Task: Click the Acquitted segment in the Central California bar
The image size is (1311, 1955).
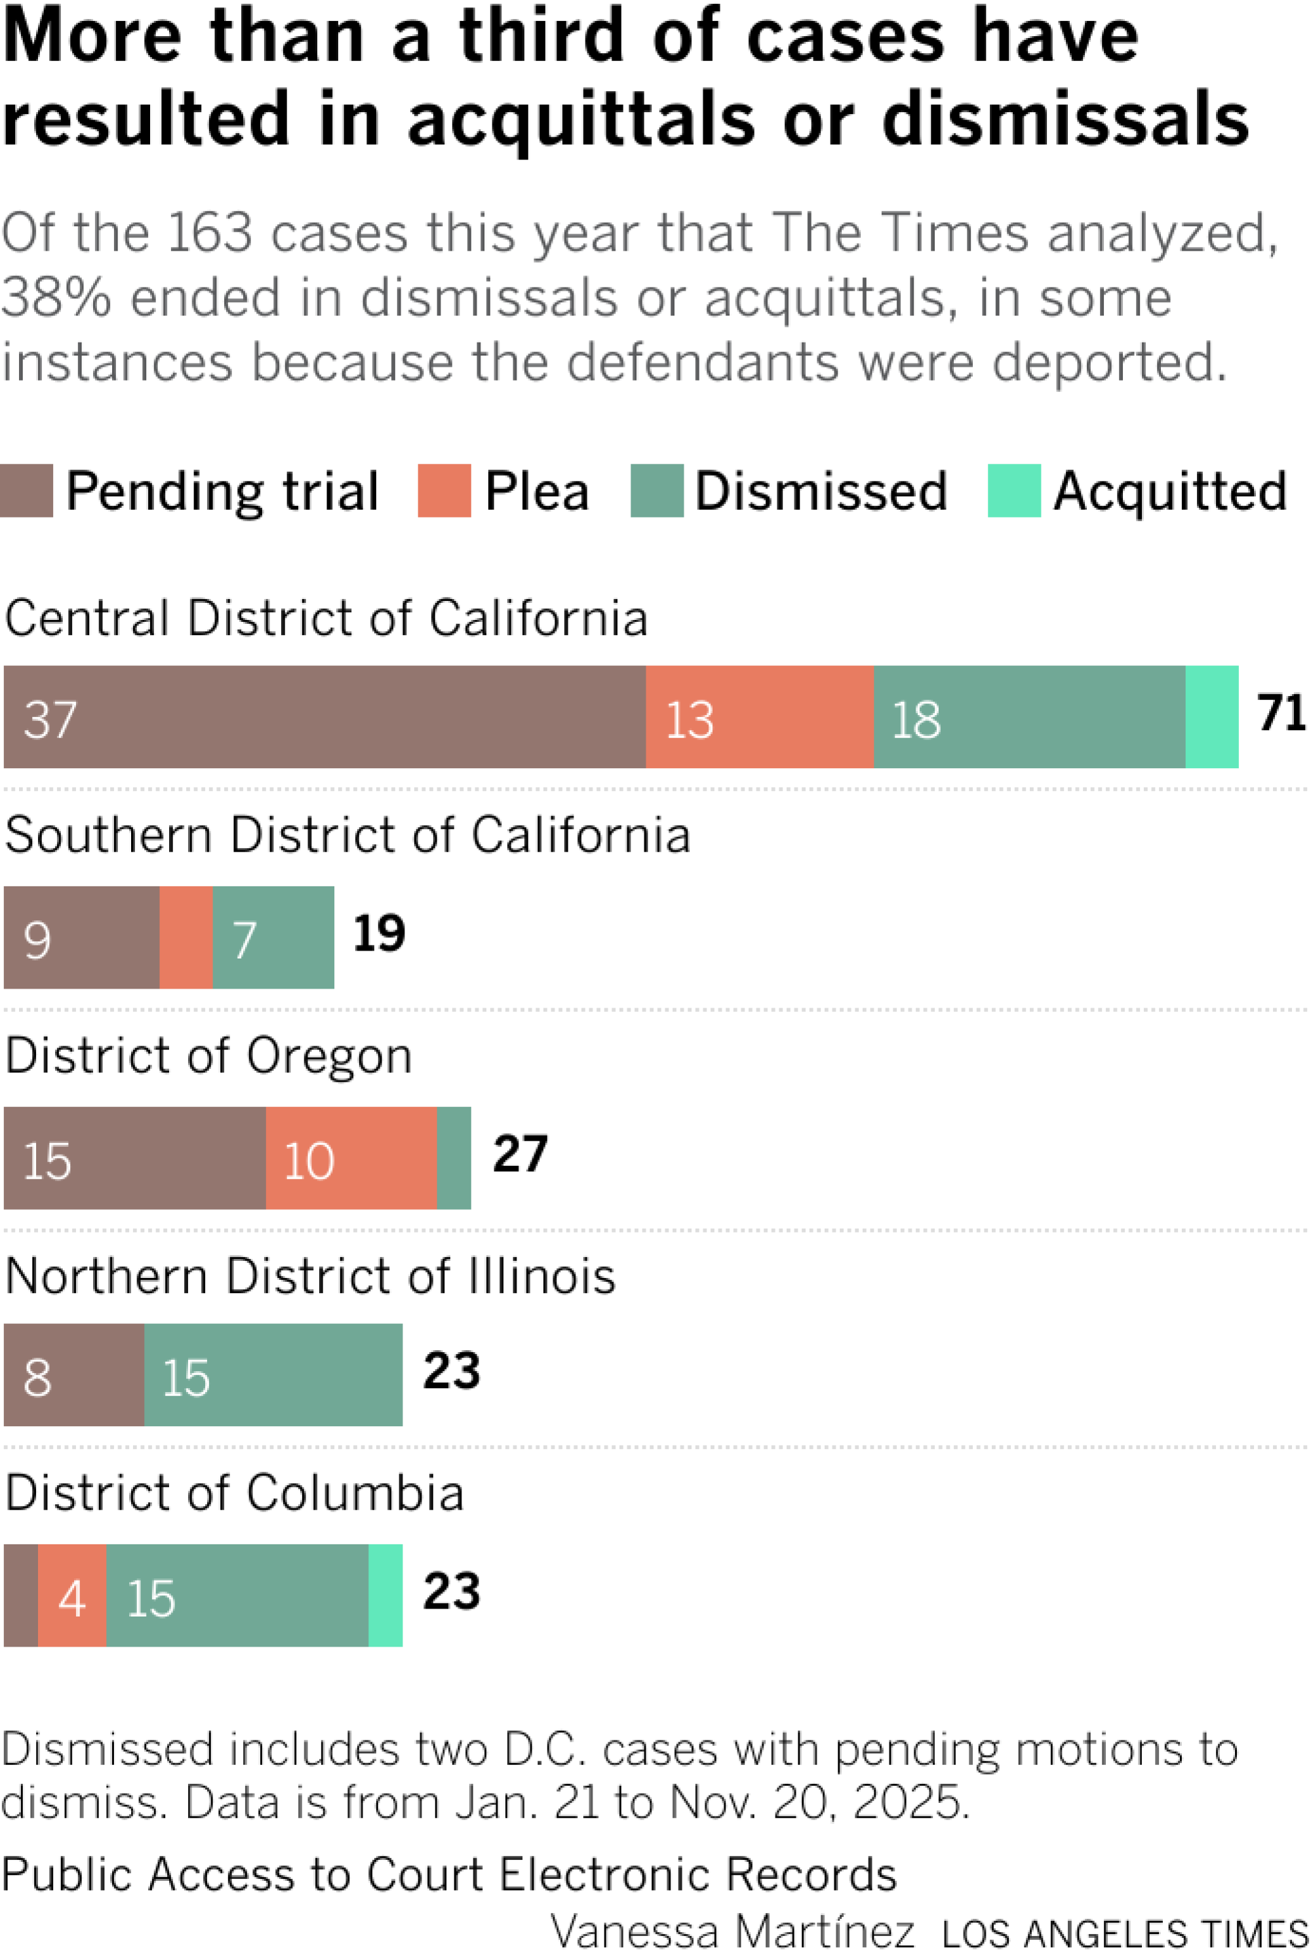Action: tap(1211, 717)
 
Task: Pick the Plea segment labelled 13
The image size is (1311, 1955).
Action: tap(759, 717)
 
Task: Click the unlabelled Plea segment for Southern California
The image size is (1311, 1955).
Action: tap(186, 937)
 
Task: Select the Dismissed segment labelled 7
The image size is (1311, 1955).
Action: tap(273, 937)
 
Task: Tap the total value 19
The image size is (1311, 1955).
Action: tap(379, 933)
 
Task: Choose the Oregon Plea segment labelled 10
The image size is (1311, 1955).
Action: tap(351, 1158)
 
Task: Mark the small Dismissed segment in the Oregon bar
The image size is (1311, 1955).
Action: tap(454, 1158)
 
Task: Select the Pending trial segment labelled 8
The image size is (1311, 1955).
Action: tap(73, 1374)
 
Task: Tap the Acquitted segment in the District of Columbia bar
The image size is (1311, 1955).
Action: tap(385, 1595)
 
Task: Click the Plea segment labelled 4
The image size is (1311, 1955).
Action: tap(72, 1595)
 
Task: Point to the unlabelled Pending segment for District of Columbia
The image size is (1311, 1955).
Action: tap(21, 1595)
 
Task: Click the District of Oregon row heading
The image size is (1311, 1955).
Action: tap(209, 1056)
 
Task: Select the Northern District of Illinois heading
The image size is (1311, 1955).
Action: tap(310, 1276)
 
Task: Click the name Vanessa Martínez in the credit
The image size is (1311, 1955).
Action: tap(732, 1931)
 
